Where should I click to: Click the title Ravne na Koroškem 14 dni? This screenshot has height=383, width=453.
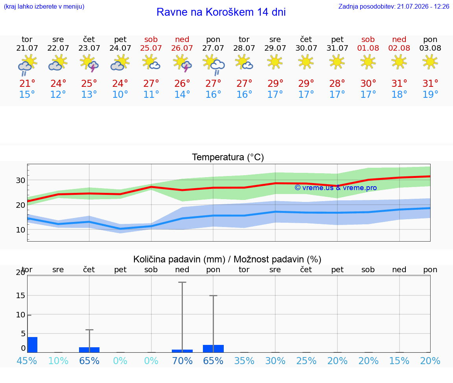point(221,12)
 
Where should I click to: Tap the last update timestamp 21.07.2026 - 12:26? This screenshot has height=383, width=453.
point(423,6)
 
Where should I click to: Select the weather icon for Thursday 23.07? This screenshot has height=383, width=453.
point(89,63)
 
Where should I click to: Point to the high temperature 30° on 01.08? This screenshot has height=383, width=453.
point(368,83)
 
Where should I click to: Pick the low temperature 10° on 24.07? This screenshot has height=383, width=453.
point(120,94)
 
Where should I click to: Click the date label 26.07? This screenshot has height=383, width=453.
point(182,48)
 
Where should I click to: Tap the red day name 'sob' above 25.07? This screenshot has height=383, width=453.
point(151,39)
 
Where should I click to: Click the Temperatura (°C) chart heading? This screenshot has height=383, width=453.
point(228,157)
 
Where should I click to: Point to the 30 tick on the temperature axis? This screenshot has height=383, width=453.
point(20,180)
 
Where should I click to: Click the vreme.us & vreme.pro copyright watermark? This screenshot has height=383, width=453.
point(336,188)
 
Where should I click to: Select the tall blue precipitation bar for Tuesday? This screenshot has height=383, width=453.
point(33,345)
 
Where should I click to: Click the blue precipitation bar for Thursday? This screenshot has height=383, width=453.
point(89,350)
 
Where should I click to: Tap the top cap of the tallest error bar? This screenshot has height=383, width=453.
point(182,282)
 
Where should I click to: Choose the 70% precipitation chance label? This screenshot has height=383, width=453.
point(182,361)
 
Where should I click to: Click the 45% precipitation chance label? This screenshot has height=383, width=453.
point(27,361)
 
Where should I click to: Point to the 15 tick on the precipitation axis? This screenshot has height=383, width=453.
point(20,295)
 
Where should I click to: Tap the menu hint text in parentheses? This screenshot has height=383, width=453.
point(44,6)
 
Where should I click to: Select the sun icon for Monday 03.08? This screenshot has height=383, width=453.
point(430,62)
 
